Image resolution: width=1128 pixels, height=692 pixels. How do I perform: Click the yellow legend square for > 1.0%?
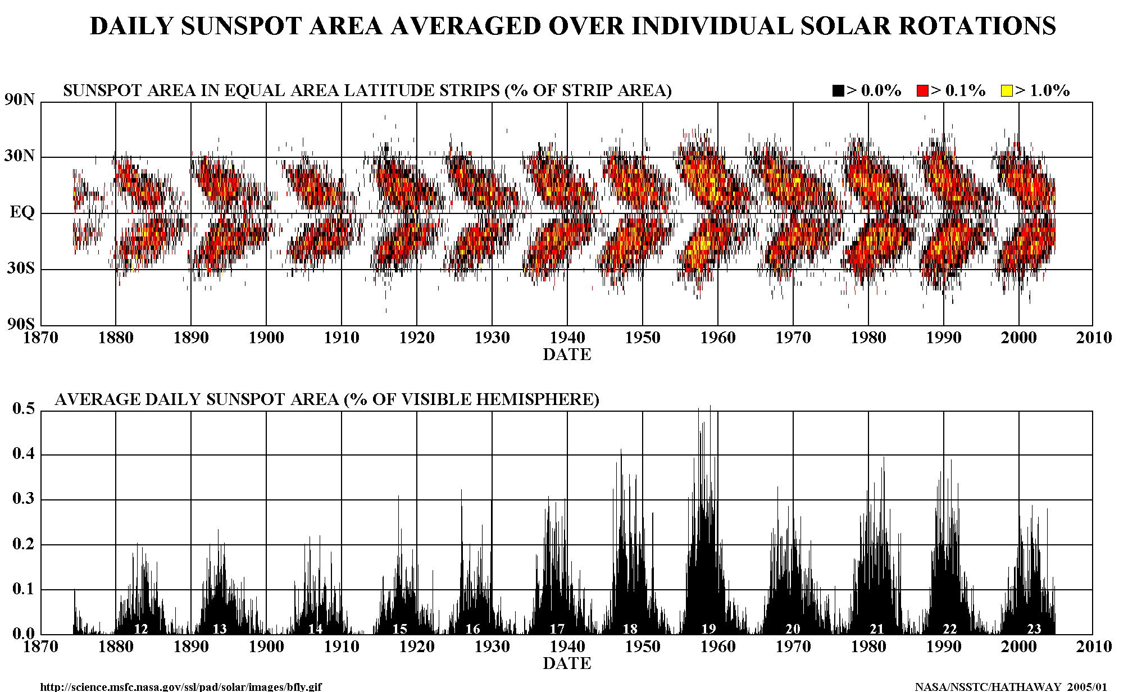1007,90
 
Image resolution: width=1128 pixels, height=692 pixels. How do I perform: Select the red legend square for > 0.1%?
922,90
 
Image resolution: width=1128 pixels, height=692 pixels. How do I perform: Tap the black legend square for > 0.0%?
838,90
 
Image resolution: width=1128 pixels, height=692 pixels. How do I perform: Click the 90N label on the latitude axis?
20,100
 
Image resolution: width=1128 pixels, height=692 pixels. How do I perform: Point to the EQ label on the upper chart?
22,212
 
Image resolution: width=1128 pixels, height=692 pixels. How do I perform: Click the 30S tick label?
21,268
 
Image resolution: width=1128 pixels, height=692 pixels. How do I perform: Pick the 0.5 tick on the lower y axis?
24,408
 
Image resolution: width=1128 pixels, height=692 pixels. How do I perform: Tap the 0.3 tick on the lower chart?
24,499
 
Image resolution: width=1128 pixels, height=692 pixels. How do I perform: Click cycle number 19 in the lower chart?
708,629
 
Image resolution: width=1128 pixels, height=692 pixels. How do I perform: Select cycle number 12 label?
140,629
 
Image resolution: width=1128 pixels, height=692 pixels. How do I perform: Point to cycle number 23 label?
1034,629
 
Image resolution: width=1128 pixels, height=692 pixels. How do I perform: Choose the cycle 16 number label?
473,629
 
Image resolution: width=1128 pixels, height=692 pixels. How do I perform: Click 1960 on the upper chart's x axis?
718,338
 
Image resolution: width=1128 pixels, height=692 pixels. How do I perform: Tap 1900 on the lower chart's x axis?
266,647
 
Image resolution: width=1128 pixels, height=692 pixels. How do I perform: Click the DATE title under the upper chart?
567,355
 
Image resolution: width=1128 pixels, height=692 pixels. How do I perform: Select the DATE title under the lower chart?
567,664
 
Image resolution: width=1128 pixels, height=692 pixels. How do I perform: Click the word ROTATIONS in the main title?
928,26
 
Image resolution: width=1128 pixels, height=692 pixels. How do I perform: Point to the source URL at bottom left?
181,687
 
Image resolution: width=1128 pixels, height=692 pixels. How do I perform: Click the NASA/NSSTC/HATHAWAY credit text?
1011,687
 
